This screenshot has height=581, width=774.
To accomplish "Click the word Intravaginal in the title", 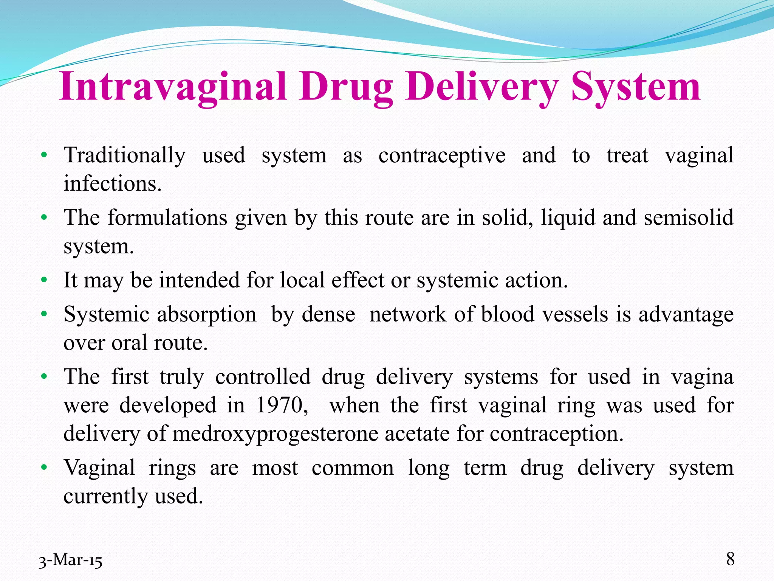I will click(x=172, y=87).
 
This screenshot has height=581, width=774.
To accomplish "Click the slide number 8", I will click(x=730, y=559).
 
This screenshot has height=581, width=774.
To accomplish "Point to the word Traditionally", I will click(x=125, y=156).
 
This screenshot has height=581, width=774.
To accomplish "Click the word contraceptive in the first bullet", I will click(x=442, y=156).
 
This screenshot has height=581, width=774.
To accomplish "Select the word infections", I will click(x=112, y=184).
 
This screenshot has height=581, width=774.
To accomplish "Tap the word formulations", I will click(x=167, y=218).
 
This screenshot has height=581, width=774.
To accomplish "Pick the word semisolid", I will click(x=689, y=218).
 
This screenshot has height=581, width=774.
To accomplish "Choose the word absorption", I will click(x=207, y=315).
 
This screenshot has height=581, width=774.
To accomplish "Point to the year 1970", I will click(x=281, y=405).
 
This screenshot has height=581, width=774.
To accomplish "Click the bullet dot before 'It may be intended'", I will click(x=44, y=281).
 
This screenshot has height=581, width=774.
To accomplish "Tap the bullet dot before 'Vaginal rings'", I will click(x=44, y=468).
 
